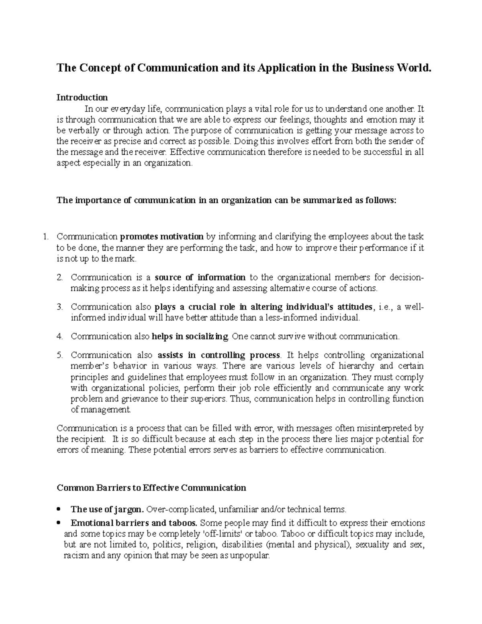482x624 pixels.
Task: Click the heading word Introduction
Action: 82,98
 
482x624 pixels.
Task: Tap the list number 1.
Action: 45,237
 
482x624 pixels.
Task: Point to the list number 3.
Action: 60,307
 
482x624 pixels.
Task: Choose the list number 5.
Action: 60,355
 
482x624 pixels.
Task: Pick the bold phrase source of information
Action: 200,277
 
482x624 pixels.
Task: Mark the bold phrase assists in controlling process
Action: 219,355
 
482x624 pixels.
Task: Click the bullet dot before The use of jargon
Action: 59,509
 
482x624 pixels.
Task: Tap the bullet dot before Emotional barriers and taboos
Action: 59,523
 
